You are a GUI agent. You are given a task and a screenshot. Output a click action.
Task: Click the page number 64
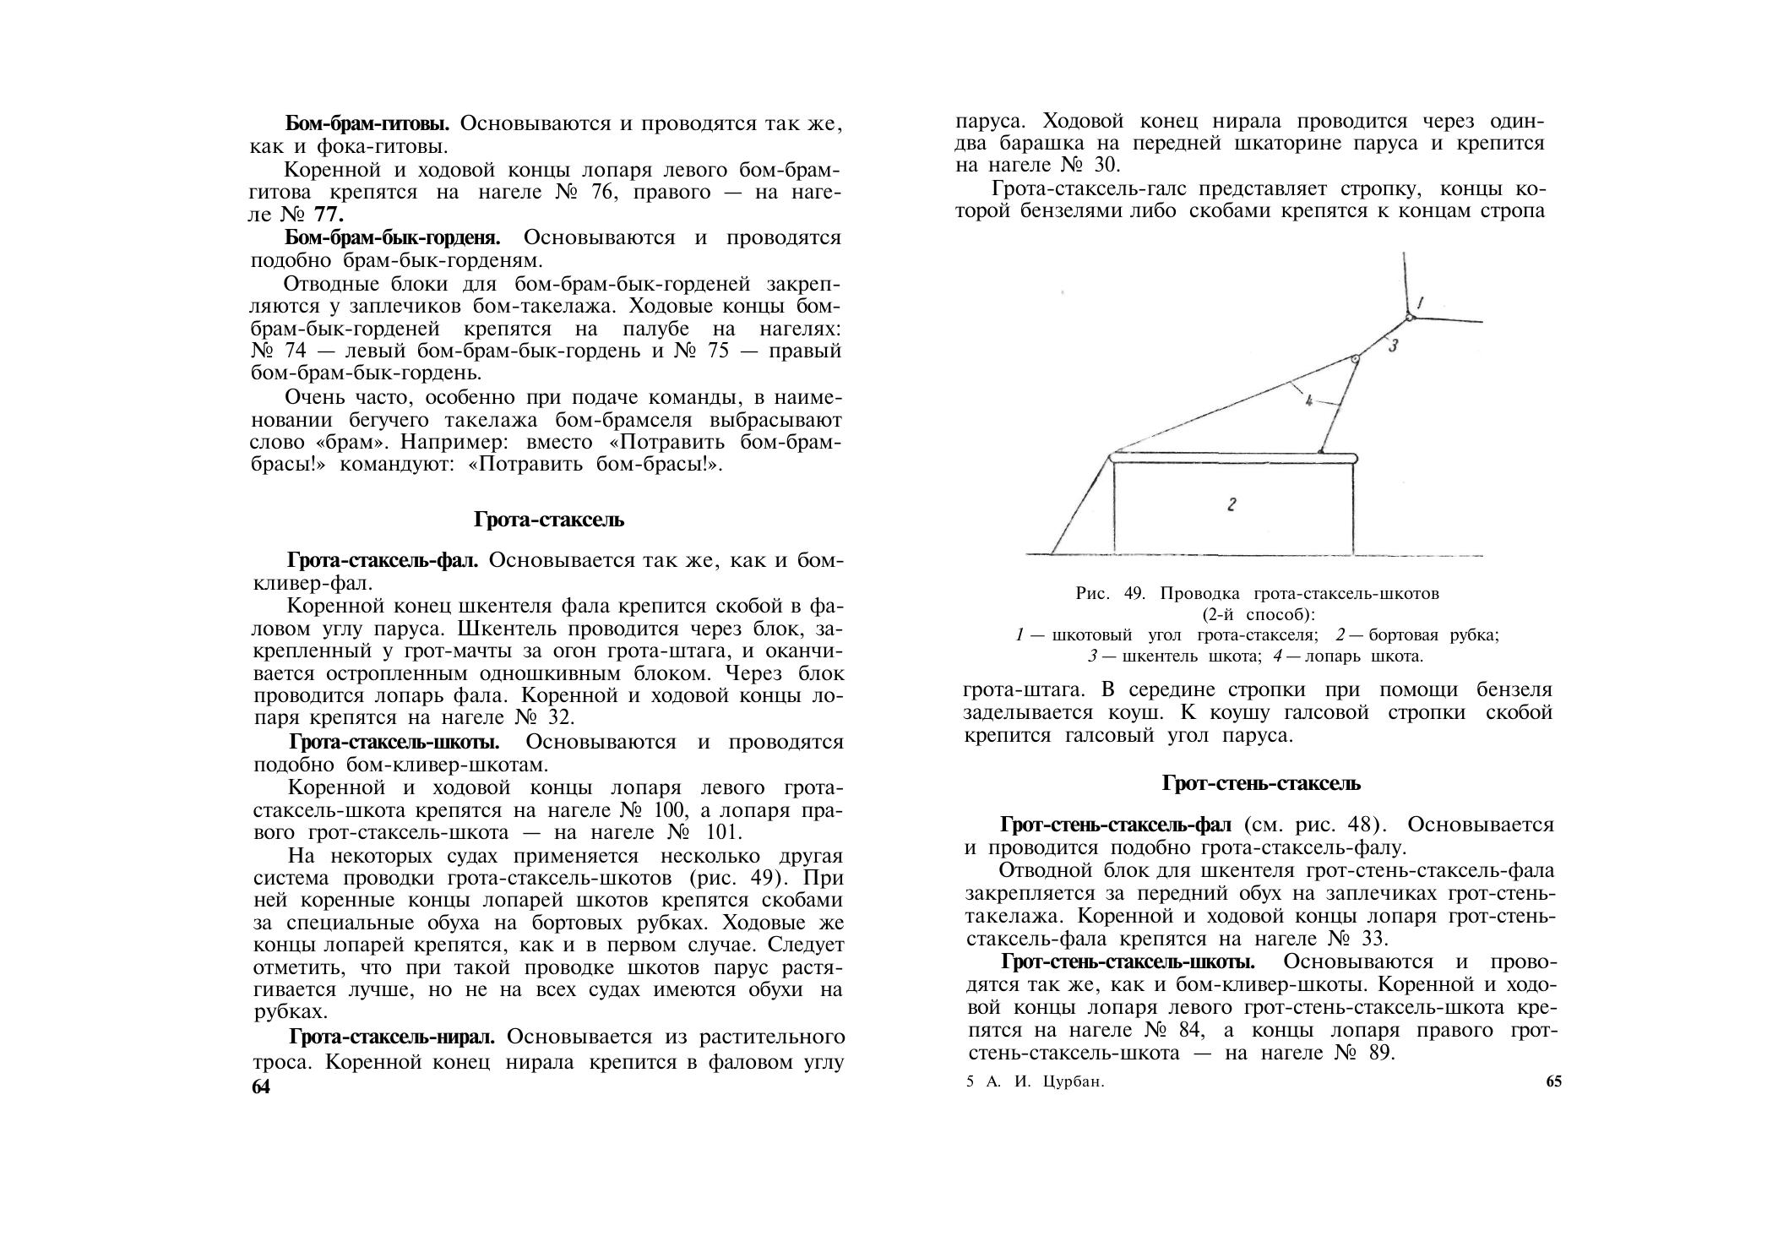(x=260, y=1087)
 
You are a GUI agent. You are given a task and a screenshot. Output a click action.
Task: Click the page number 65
(x=1553, y=1082)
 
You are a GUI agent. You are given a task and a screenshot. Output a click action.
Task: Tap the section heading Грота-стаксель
(x=549, y=520)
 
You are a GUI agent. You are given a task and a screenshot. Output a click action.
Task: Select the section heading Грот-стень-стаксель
(x=1261, y=783)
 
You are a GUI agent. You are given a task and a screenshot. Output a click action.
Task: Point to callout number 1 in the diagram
(x=1420, y=302)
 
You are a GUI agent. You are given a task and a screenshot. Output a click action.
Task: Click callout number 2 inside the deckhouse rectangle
(x=1232, y=505)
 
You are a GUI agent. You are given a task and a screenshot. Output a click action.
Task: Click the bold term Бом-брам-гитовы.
(x=368, y=123)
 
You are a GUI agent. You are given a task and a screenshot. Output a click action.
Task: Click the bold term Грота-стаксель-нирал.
(x=397, y=1037)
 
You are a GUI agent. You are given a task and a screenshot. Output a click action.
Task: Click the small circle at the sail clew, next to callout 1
(x=1409, y=318)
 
